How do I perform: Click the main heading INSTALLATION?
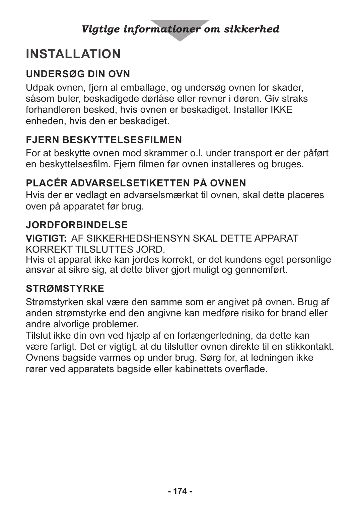click(x=73, y=54)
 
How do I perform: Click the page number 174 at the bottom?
click(x=180, y=491)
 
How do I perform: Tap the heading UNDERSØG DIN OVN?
click(x=78, y=74)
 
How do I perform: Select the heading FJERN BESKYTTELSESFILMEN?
click(x=104, y=140)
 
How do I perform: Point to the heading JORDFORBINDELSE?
click(x=77, y=225)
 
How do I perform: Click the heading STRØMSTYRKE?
click(x=65, y=288)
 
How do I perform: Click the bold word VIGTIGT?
click(x=46, y=239)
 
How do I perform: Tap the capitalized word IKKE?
click(x=281, y=110)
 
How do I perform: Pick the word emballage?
click(x=144, y=88)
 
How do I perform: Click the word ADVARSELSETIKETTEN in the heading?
click(x=130, y=183)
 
